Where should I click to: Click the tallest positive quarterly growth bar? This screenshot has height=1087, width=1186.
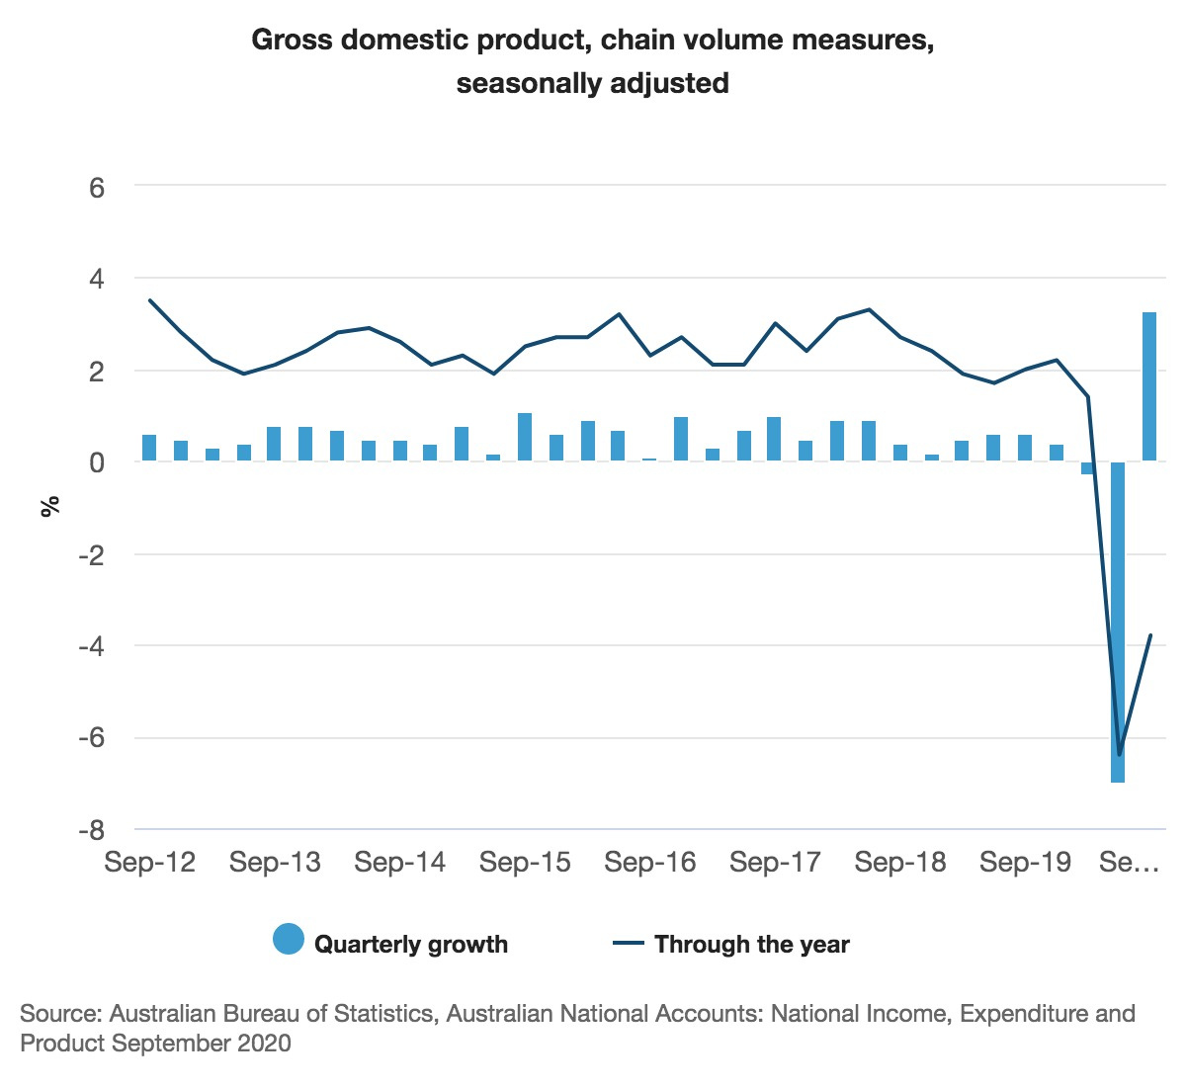point(1149,386)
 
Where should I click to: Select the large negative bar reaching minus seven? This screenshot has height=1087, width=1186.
point(1118,623)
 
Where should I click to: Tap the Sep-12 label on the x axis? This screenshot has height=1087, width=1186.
point(150,862)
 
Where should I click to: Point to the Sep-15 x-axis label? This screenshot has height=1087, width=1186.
point(525,862)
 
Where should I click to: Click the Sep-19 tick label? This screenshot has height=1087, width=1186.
point(1025,862)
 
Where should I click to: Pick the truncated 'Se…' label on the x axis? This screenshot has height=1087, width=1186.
point(1129,862)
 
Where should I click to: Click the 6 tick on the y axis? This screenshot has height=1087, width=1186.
point(97,187)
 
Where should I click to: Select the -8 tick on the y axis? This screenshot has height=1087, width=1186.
point(91,830)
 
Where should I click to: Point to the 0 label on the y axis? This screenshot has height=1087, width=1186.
point(97,462)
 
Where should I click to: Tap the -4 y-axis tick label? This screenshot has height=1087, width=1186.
point(91,646)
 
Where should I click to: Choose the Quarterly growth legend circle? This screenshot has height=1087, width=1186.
point(289,940)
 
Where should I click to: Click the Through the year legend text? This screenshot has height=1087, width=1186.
point(751,945)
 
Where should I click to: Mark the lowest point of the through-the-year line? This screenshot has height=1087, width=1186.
point(1119,755)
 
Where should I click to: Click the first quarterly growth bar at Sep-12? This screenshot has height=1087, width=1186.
point(149,448)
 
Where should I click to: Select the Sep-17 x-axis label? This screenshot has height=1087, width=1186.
point(775,862)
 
